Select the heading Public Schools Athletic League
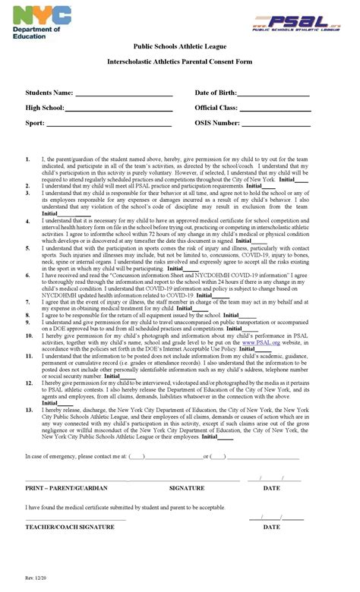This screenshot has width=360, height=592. (x=180, y=46)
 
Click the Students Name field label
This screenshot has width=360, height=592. (x=49, y=93)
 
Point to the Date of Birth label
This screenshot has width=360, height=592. (x=216, y=93)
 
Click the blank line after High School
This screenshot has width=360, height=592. (x=118, y=110)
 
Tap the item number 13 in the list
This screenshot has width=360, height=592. (x=28, y=410)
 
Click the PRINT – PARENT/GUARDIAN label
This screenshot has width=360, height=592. (x=65, y=488)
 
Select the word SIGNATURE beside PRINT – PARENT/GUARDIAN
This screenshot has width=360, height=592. (x=187, y=488)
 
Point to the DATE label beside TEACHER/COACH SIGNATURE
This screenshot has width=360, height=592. (x=271, y=526)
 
